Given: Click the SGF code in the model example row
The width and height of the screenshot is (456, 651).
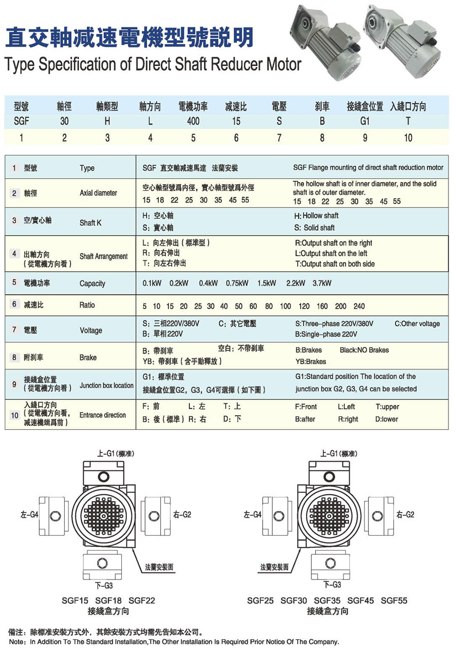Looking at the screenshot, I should (21, 121).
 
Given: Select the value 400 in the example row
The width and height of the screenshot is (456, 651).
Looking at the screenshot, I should (193, 121).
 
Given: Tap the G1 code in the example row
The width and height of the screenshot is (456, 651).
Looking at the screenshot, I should (365, 121).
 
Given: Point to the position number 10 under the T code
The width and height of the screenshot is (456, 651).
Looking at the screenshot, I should (408, 138).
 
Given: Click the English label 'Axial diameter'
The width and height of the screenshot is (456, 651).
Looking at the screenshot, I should (98, 193).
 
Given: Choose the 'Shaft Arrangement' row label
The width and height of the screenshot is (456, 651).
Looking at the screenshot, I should (104, 256).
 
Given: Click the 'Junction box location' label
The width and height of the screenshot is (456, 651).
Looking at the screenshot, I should (106, 385).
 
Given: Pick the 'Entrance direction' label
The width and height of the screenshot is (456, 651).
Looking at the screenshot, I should (103, 415).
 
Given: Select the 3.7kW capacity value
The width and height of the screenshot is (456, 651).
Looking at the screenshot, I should (322, 283).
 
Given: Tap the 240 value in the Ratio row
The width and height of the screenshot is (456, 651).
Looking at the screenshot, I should (359, 306).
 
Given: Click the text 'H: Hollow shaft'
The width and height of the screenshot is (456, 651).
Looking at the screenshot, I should (316, 216).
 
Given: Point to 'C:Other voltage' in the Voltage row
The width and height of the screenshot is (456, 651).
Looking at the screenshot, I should (417, 324).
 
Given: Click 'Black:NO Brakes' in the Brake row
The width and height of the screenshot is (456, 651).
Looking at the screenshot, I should (364, 350).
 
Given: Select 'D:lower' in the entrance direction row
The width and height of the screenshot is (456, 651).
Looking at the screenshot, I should (387, 419).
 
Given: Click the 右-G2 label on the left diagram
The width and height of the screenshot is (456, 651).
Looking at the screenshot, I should (182, 515).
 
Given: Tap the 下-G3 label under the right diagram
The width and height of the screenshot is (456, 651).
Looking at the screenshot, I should (332, 584).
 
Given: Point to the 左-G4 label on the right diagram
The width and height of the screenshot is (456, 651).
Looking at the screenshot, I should (253, 515).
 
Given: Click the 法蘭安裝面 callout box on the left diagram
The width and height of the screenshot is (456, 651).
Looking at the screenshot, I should (159, 567).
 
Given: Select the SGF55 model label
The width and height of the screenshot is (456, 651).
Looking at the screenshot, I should (394, 600).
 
